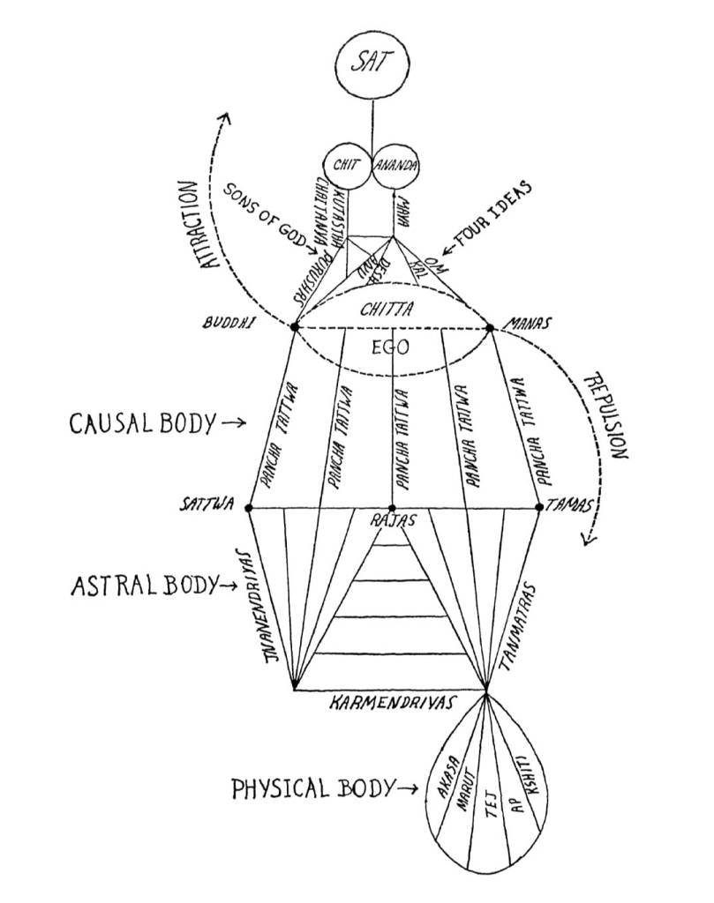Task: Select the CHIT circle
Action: pyautogui.click(x=345, y=164)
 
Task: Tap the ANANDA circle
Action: pyautogui.click(x=395, y=164)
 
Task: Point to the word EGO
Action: pyautogui.click(x=390, y=347)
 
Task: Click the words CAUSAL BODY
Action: pyautogui.click(x=141, y=424)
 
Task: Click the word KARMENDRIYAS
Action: pyautogui.click(x=392, y=704)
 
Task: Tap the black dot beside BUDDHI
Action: pyautogui.click(x=294, y=326)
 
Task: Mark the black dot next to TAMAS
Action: pyautogui.click(x=540, y=508)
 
